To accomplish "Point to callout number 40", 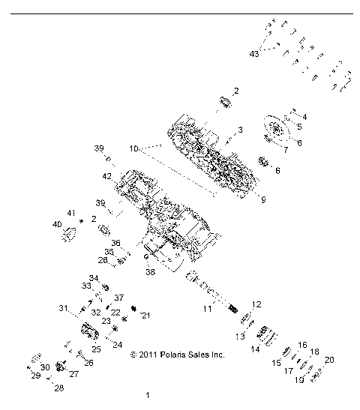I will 57,225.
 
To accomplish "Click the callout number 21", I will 145,315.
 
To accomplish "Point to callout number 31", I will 83,308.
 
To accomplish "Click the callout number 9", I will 242,199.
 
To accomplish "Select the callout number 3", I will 240,130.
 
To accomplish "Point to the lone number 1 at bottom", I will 148,394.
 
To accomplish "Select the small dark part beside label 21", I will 135,308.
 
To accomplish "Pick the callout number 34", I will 94,278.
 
